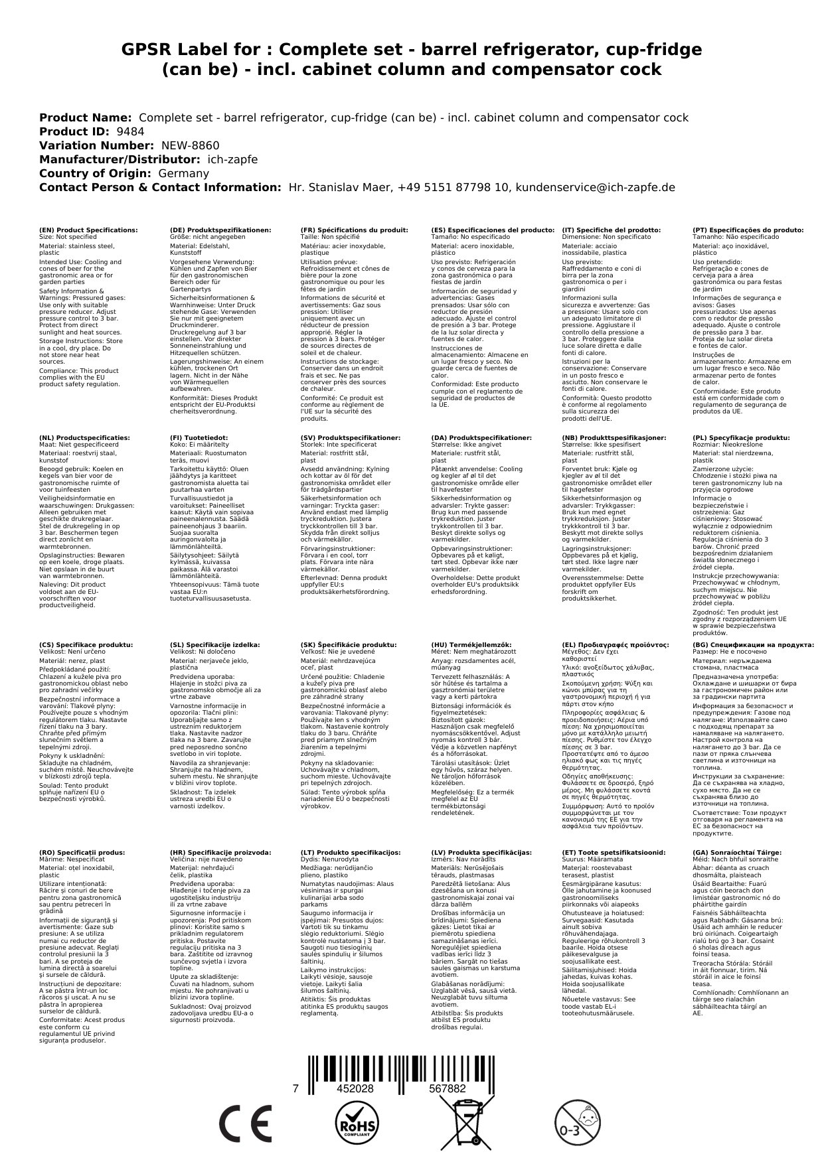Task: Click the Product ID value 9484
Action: click(x=130, y=131)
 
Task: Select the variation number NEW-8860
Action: click(x=190, y=145)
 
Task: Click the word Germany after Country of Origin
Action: click(x=183, y=173)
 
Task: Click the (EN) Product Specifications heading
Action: click(x=88, y=230)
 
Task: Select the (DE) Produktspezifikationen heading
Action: click(x=220, y=230)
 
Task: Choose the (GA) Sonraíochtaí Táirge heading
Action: click(x=737, y=852)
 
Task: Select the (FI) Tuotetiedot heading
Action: click(x=199, y=438)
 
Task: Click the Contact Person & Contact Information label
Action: click(x=160, y=187)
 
